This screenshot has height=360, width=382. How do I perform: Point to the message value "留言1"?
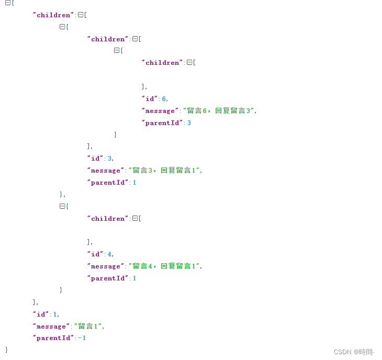(x=88, y=326)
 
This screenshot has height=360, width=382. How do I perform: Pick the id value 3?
(x=110, y=158)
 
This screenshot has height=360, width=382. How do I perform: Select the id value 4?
(x=110, y=254)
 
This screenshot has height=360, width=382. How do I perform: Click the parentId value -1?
(x=82, y=338)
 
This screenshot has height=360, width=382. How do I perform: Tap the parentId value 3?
(x=189, y=122)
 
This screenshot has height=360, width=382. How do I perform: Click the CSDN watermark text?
(x=354, y=352)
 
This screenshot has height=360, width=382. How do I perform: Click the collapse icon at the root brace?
(x=8, y=3)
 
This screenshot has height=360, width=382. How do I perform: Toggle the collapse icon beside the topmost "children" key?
(x=81, y=15)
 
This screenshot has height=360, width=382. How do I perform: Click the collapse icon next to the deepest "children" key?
(x=189, y=62)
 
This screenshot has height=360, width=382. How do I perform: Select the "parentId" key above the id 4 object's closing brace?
(x=107, y=278)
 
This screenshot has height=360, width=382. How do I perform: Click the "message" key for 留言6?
(x=160, y=110)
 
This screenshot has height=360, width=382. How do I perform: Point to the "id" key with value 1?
(x=41, y=314)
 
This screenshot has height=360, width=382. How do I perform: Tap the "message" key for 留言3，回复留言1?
(x=105, y=170)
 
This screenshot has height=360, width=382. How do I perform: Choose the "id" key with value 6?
(x=150, y=98)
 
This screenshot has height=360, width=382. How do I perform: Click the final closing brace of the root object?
(x=7, y=349)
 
